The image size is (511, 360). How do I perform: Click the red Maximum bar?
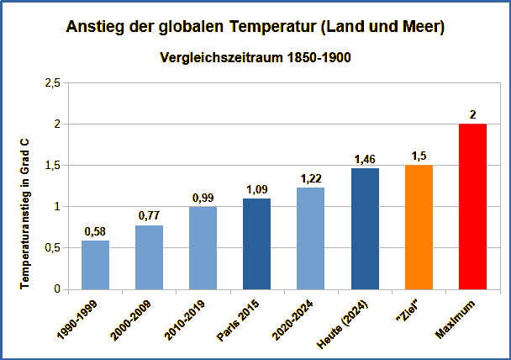473,207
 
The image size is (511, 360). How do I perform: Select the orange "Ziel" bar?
419,227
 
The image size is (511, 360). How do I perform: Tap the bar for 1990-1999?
95,265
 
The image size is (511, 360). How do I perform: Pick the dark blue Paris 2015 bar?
257,244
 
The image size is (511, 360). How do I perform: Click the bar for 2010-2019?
203,248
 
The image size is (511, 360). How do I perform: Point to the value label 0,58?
95,231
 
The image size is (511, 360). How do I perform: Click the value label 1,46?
365,159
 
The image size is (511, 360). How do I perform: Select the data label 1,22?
311,178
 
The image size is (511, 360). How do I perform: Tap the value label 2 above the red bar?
473,114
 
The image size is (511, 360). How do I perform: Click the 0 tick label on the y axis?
57,289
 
